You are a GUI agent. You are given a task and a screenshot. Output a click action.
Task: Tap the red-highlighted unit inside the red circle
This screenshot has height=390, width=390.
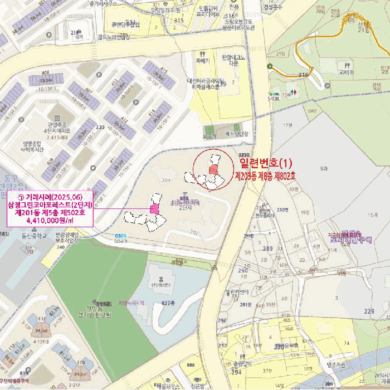(x=212, y=169)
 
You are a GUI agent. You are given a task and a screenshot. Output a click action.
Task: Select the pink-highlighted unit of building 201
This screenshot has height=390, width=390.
(x=154, y=208)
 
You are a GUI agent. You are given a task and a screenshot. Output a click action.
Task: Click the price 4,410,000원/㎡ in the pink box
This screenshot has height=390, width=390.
(x=50, y=221)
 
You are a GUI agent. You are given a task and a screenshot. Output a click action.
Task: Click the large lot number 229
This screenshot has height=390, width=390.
(x=368, y=311)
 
